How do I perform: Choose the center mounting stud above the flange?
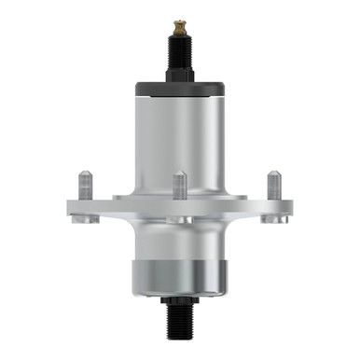click(x=180, y=187)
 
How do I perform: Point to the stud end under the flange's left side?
click(x=89, y=221)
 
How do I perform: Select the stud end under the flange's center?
click(x=180, y=221)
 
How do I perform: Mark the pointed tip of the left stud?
click(x=85, y=173)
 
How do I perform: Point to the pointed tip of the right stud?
click(x=273, y=173)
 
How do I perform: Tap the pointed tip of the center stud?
click(x=180, y=173)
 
